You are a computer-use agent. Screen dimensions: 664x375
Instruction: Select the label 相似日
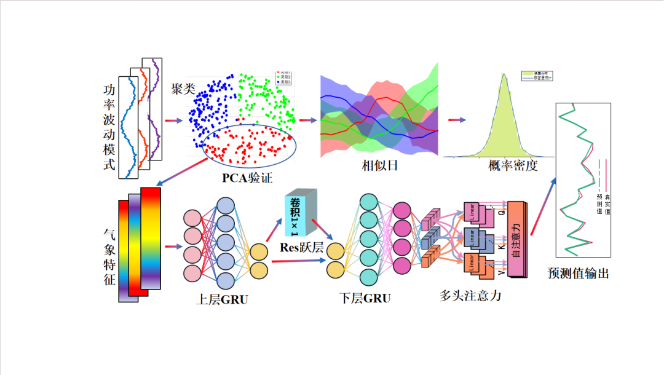click(x=378, y=166)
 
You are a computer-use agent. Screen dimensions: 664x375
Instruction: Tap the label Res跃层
click(x=301, y=248)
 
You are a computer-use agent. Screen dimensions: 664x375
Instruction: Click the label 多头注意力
click(x=470, y=295)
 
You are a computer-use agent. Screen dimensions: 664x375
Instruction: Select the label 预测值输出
click(x=578, y=274)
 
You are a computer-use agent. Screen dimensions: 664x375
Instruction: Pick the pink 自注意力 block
click(x=515, y=240)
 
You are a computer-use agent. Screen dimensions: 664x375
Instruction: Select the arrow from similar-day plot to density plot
click(x=456, y=120)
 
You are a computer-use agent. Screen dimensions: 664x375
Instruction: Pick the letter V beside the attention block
click(x=501, y=269)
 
